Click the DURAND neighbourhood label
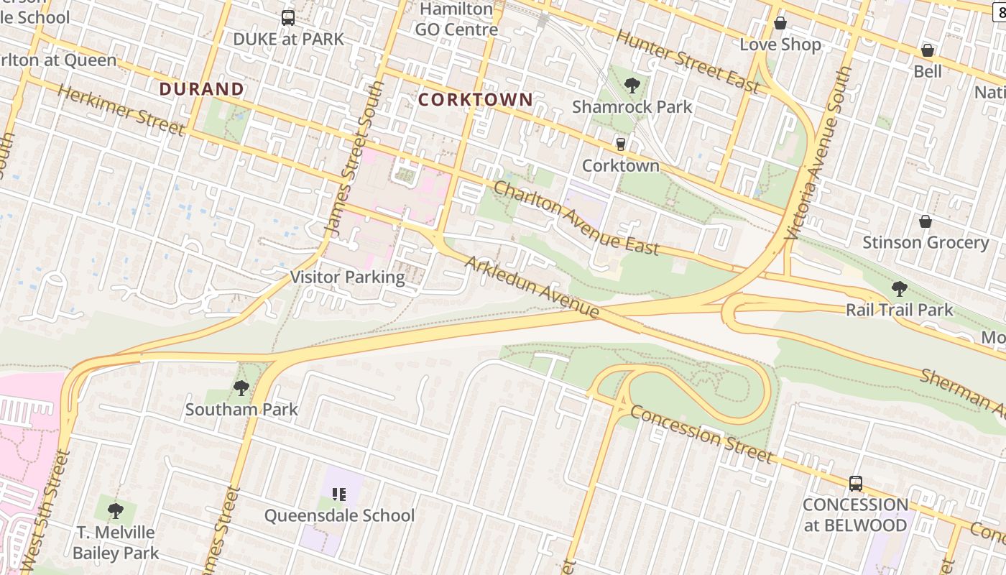[x=201, y=89]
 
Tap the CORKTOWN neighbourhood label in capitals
[x=476, y=100]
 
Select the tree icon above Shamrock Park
[x=632, y=86]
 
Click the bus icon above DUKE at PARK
[x=288, y=18]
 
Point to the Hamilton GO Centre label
[x=457, y=19]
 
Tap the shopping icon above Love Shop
[x=780, y=24]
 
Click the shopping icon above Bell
[x=928, y=50]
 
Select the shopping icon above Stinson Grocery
[x=926, y=221]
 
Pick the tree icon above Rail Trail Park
[x=899, y=289]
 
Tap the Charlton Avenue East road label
[x=576, y=218]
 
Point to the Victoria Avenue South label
[x=819, y=154]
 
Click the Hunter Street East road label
[x=688, y=62]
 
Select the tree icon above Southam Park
[x=241, y=388]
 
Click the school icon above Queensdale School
[x=339, y=494]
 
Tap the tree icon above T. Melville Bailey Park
[x=115, y=511]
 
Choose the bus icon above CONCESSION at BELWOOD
[x=855, y=484]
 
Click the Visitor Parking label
[x=347, y=277]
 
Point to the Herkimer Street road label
[x=121, y=110]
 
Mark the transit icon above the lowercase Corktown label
[x=621, y=144]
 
